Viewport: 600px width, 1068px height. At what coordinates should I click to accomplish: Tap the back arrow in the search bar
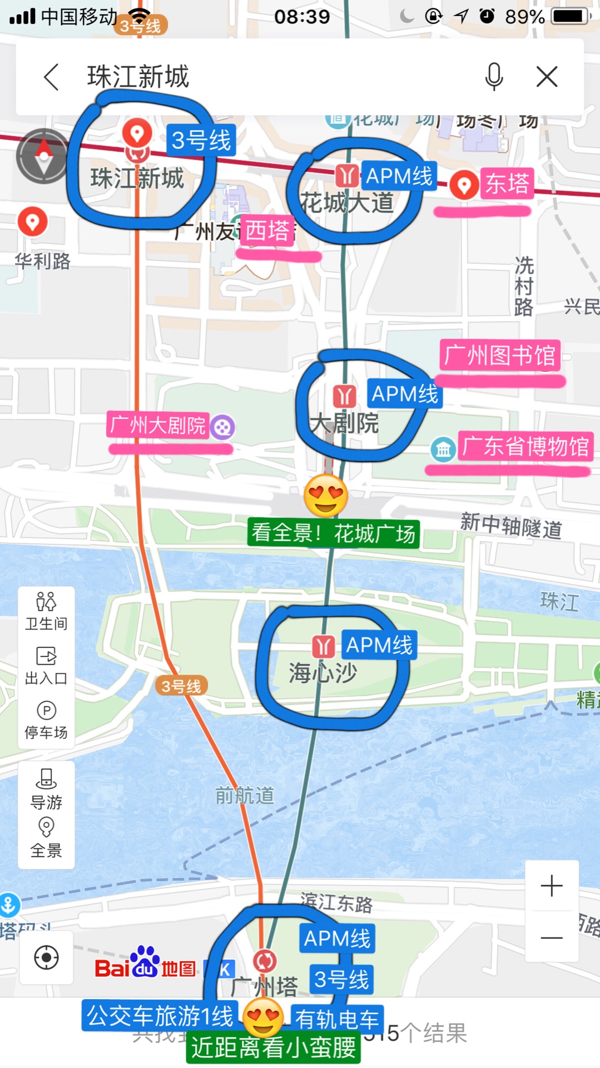[x=51, y=77]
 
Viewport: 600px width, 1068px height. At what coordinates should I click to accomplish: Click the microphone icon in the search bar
[x=494, y=76]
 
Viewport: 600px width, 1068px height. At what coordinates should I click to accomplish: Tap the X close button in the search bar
[x=547, y=77]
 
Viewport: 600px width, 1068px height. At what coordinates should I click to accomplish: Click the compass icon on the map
[x=43, y=156]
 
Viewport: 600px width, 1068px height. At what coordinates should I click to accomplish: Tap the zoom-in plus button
[x=552, y=886]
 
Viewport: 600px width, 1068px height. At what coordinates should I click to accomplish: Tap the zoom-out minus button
[x=552, y=937]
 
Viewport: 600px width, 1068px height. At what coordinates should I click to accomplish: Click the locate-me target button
[x=46, y=958]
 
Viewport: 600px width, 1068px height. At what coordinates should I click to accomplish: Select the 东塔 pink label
[x=507, y=184]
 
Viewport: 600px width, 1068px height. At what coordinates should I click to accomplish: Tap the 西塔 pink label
[x=267, y=230]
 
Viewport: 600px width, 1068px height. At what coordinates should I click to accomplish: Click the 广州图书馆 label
[x=500, y=355]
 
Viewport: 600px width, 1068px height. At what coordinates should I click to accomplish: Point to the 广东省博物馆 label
[x=525, y=446]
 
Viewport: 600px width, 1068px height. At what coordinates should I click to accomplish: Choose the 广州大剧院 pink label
[x=158, y=426]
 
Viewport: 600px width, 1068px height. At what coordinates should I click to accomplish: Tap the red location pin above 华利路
[x=33, y=221]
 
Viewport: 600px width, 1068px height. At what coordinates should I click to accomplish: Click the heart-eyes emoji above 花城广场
[x=326, y=495]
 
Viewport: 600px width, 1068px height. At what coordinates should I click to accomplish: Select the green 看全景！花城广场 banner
[x=333, y=533]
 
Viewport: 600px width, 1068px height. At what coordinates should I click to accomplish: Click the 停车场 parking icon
[x=46, y=720]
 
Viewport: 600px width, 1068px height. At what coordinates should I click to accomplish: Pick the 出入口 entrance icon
[x=46, y=665]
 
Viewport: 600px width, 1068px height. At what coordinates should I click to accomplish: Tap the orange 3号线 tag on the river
[x=181, y=686]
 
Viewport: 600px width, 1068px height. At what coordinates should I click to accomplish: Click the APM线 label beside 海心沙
[x=379, y=645]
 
